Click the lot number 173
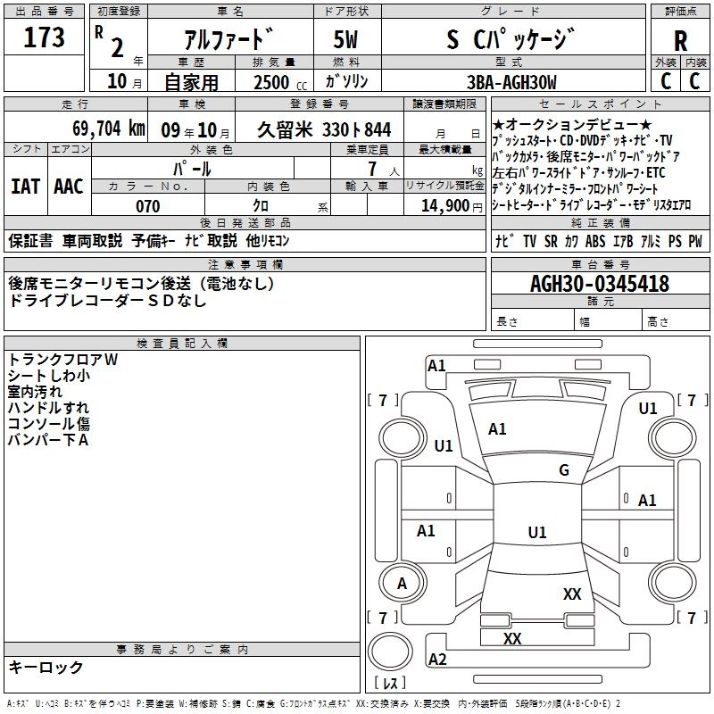pos(45,37)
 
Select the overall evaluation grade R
pos(680,40)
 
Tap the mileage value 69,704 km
pos(104,129)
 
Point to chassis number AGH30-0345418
pos(599,284)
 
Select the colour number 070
pos(147,206)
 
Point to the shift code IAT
pos(25,187)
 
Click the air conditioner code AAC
pos(69,187)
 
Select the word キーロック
pos(46,667)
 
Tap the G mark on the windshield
pos(564,470)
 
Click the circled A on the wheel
pos(402,583)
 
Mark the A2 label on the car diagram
pos(437,660)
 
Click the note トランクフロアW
pos(62,360)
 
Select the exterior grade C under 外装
pos(665,82)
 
